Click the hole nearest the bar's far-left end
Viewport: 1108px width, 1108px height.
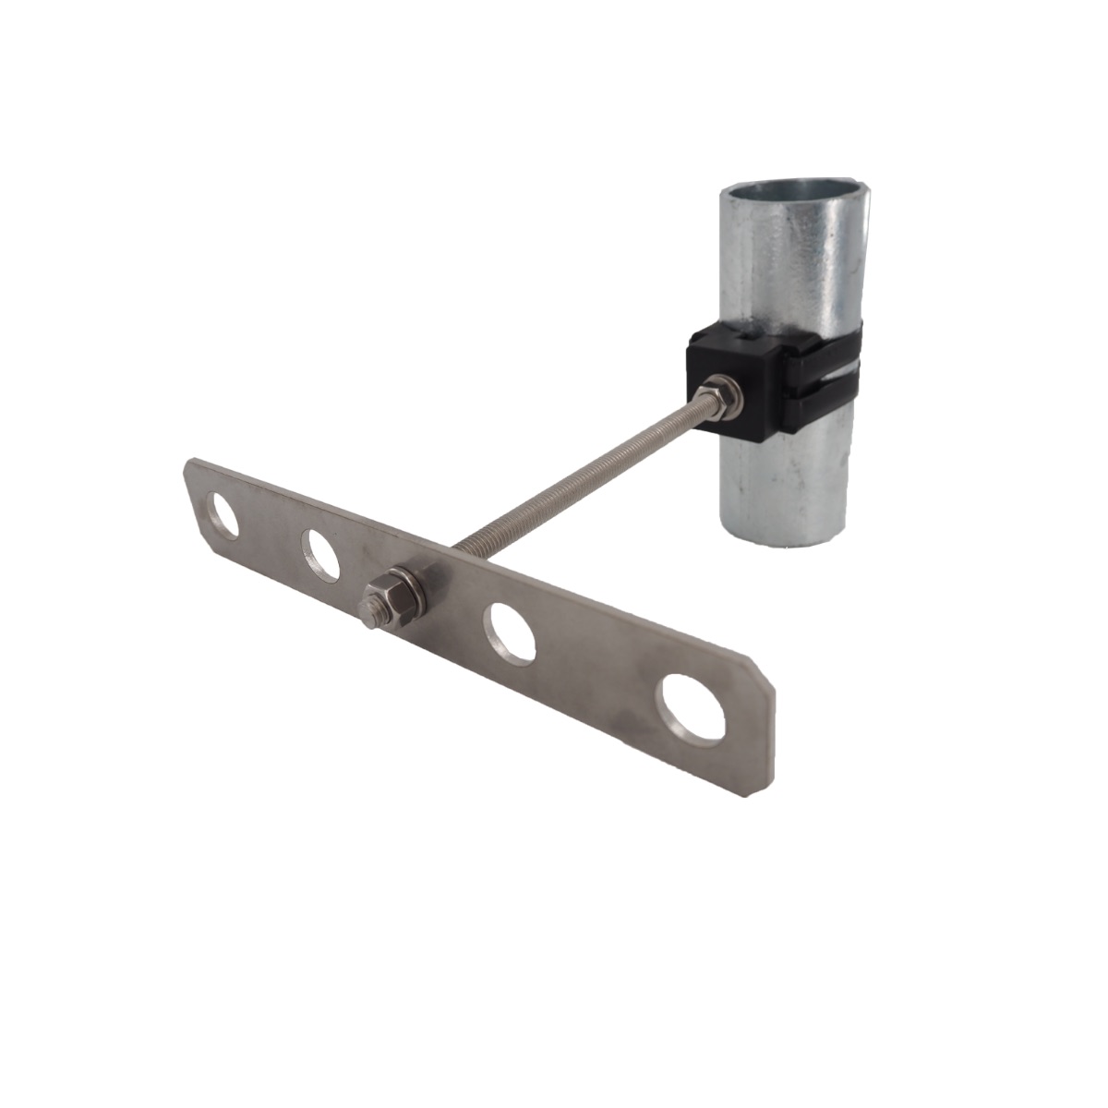click(224, 517)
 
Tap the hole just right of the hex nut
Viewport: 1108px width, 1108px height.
click(511, 632)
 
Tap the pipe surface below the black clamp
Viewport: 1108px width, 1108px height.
click(785, 480)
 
